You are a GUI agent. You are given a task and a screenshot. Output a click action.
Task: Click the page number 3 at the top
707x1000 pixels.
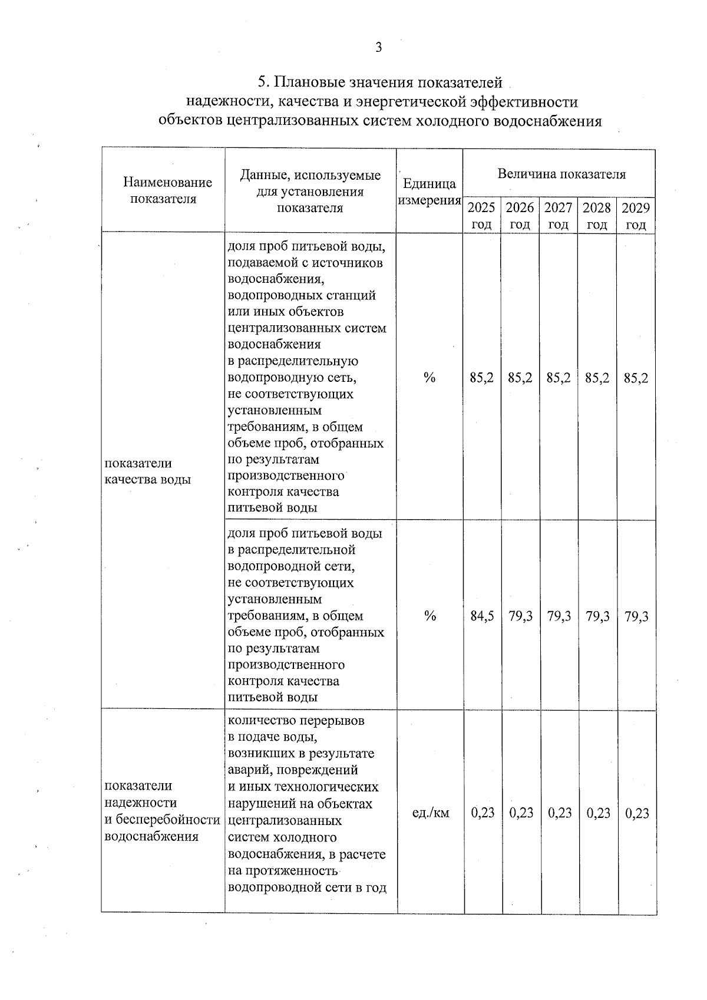378,48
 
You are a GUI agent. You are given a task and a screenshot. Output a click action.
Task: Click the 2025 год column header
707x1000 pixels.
481,216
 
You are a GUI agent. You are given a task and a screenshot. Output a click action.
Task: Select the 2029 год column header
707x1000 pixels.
636,216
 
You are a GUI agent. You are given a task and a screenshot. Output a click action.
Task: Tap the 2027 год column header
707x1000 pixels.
558,216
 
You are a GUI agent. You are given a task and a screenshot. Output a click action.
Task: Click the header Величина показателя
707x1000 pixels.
561,174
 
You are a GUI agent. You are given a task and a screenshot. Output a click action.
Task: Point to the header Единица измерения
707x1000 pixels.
429,192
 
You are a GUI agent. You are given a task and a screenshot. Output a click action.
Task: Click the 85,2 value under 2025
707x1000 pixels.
482,378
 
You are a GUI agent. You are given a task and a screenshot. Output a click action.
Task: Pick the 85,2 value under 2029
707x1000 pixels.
636,378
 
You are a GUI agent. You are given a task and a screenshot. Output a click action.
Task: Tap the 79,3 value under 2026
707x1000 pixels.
520,616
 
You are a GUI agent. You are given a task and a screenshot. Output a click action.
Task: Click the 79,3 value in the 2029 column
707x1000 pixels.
636,616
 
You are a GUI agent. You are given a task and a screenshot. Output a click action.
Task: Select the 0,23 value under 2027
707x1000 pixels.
559,813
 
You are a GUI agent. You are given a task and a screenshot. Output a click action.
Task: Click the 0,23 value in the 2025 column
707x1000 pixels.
483,813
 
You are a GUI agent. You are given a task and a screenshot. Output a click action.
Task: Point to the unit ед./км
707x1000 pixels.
430,813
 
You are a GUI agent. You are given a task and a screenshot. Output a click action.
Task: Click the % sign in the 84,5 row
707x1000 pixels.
430,616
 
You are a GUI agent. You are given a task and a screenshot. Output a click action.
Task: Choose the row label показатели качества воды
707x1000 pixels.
147,471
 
